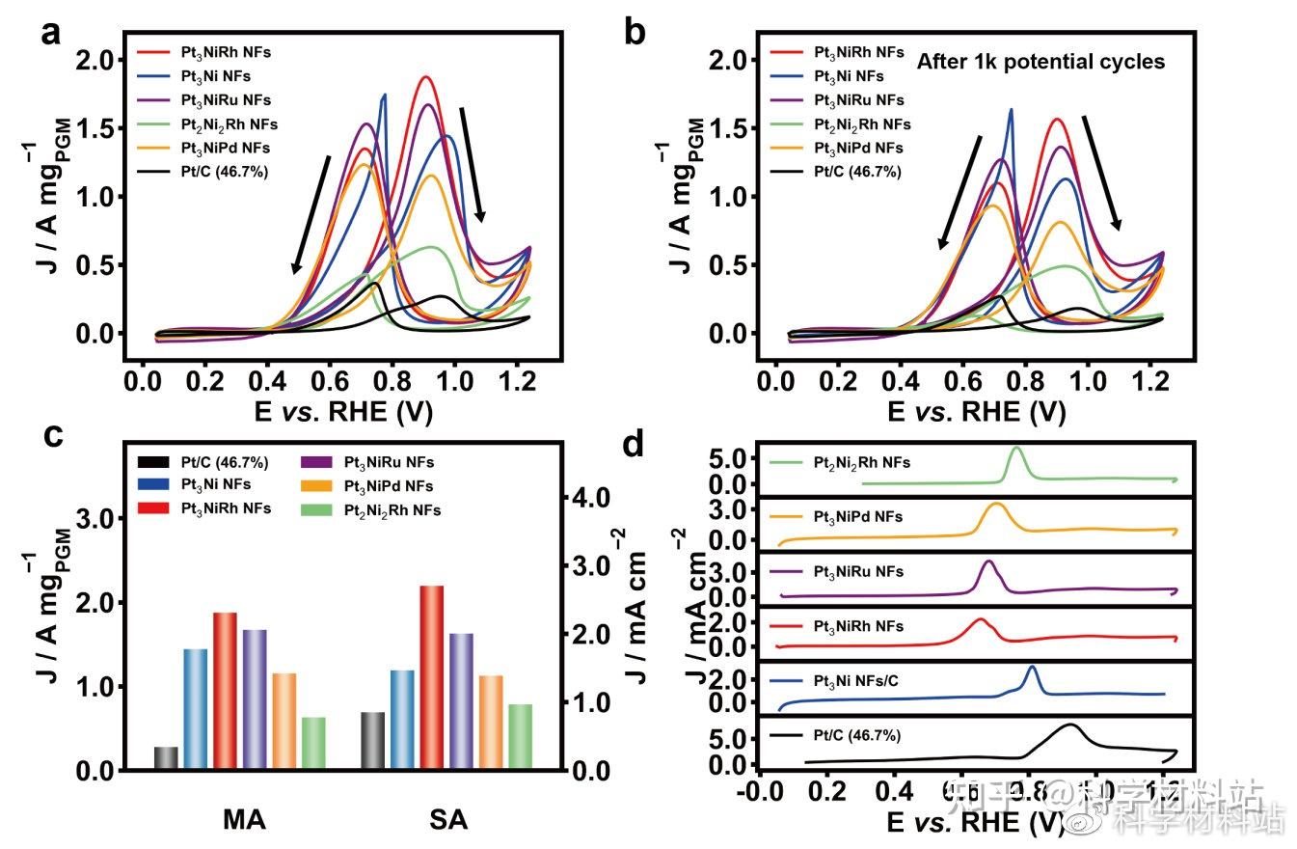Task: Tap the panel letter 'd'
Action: [x=633, y=445]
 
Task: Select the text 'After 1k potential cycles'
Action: [x=1040, y=62]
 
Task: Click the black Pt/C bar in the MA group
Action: [x=166, y=758]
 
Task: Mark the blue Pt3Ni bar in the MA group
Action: [x=196, y=709]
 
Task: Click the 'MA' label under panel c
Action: [x=244, y=820]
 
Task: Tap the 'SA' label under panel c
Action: [x=447, y=820]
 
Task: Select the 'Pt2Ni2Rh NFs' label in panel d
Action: [x=861, y=463]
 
